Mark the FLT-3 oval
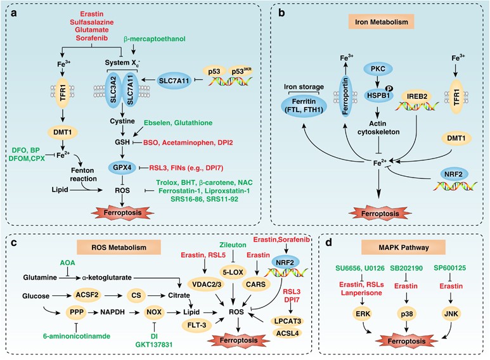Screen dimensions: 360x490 (x=179, y=326)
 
